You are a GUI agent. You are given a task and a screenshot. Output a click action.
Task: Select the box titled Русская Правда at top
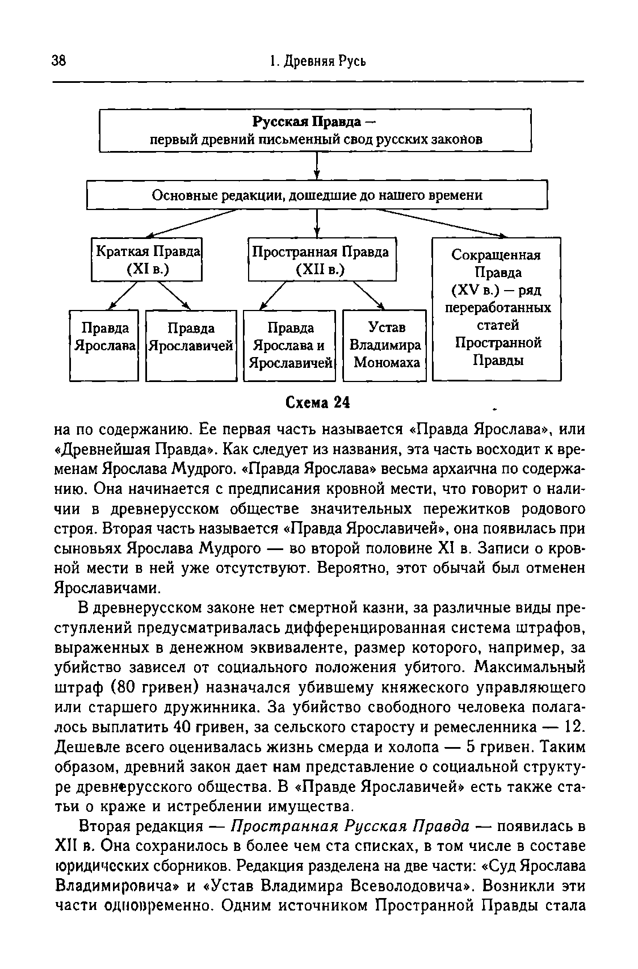315,131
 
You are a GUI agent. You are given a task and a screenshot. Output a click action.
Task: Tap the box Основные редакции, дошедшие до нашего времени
317,195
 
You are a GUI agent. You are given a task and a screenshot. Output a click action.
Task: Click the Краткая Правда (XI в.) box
147,259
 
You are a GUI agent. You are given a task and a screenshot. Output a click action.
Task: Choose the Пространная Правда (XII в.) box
321,259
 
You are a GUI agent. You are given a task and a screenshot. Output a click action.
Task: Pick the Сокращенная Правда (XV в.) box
497,308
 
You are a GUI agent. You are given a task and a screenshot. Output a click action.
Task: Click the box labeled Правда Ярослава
104,345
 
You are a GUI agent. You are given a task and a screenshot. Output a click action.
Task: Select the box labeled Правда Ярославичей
191,345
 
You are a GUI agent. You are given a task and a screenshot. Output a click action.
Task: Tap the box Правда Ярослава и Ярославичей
289,345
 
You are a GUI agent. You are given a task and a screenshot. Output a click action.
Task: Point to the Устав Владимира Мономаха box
385,345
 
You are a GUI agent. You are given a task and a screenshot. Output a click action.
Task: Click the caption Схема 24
317,402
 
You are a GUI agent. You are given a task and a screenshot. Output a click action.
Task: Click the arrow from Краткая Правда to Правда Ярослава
121,295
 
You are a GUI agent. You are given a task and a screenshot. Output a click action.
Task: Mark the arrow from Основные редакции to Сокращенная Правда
443,223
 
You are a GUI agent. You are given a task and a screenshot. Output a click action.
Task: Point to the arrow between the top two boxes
317,166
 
